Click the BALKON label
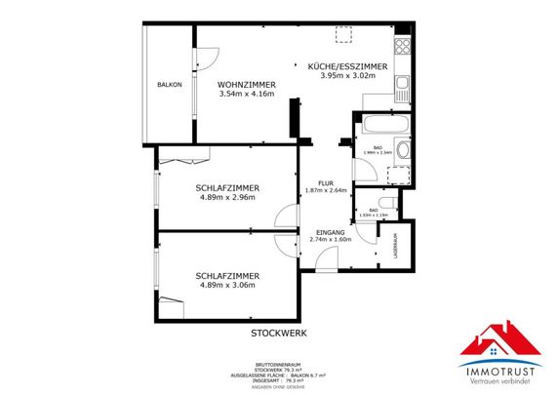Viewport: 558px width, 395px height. click(169, 85)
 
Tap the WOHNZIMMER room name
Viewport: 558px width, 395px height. click(246, 84)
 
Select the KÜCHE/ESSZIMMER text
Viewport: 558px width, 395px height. click(347, 66)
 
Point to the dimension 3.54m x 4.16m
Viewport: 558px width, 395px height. click(246, 95)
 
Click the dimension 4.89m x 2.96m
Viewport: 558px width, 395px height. click(225, 198)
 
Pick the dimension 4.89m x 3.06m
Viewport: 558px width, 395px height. click(225, 286)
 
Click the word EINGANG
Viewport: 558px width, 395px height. click(330, 230)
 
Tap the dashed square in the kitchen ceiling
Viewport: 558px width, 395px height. click(342, 35)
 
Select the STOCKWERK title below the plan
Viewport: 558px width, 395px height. click(279, 333)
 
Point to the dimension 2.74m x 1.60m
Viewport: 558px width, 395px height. click(330, 239)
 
